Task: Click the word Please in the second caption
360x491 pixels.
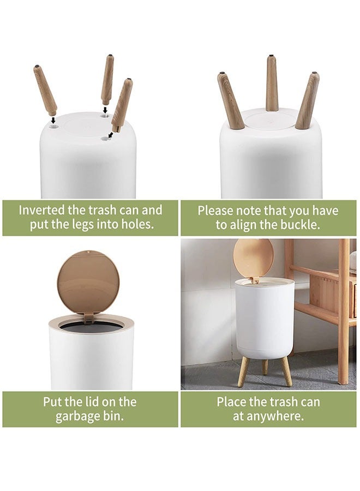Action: (215, 211)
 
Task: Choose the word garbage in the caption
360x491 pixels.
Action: (78, 417)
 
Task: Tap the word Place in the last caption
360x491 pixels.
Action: (231, 402)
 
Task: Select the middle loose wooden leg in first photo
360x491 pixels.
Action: (107, 79)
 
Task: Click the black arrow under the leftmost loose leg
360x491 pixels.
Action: (53, 119)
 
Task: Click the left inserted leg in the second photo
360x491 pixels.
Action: (230, 101)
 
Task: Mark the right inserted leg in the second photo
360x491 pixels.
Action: (308, 101)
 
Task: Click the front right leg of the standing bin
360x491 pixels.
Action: (286, 371)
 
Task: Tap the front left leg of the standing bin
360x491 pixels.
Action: (243, 371)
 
